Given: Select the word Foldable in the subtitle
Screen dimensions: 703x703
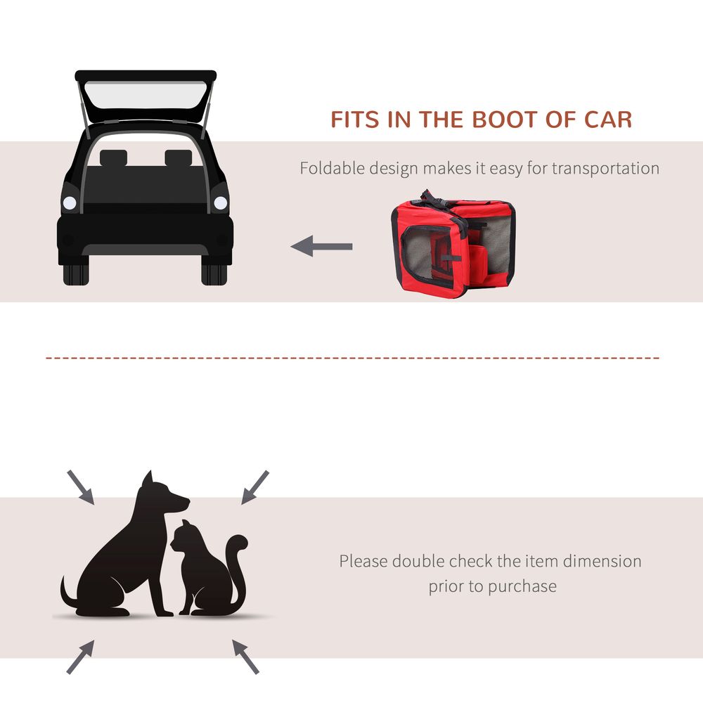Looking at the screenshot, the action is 333,168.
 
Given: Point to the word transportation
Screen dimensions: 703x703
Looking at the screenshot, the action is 605,169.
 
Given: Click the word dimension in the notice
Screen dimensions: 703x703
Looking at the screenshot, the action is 602,561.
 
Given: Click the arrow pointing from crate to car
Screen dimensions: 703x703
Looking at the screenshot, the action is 321,246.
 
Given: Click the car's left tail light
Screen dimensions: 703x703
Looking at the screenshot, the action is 70,202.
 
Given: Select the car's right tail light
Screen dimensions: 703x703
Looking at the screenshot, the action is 221,202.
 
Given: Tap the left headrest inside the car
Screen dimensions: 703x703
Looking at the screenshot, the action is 113,157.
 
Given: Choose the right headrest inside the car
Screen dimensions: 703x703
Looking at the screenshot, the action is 179,157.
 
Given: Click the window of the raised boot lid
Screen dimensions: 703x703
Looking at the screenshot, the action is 146,95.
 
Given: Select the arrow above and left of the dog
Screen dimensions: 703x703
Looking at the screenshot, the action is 81,487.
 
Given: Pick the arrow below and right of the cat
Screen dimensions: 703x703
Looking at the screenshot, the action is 245,657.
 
